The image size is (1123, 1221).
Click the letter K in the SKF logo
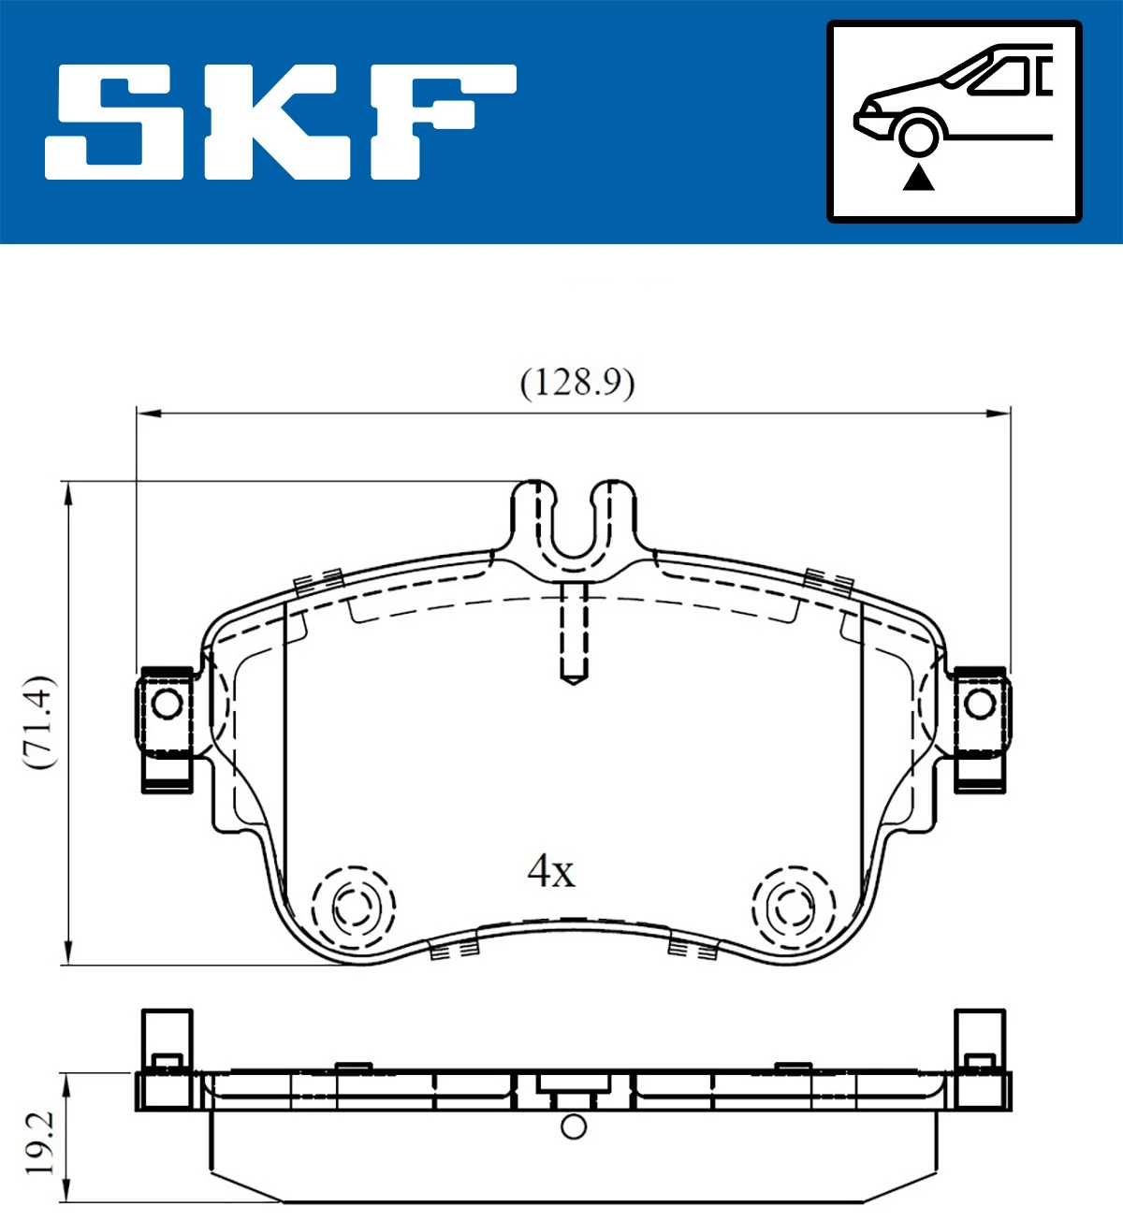[281, 122]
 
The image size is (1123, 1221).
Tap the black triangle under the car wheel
[918, 177]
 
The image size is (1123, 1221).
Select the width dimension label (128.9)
[576, 383]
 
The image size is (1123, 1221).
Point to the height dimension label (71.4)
[40, 721]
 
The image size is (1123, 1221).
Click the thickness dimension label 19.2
[39, 1143]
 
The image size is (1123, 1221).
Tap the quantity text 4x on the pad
[551, 871]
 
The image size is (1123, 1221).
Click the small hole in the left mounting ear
[167, 704]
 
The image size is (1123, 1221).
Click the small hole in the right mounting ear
[980, 704]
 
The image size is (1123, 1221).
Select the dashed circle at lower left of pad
[353, 906]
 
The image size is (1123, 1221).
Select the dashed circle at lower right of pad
[793, 906]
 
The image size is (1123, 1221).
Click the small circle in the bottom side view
[574, 1127]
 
